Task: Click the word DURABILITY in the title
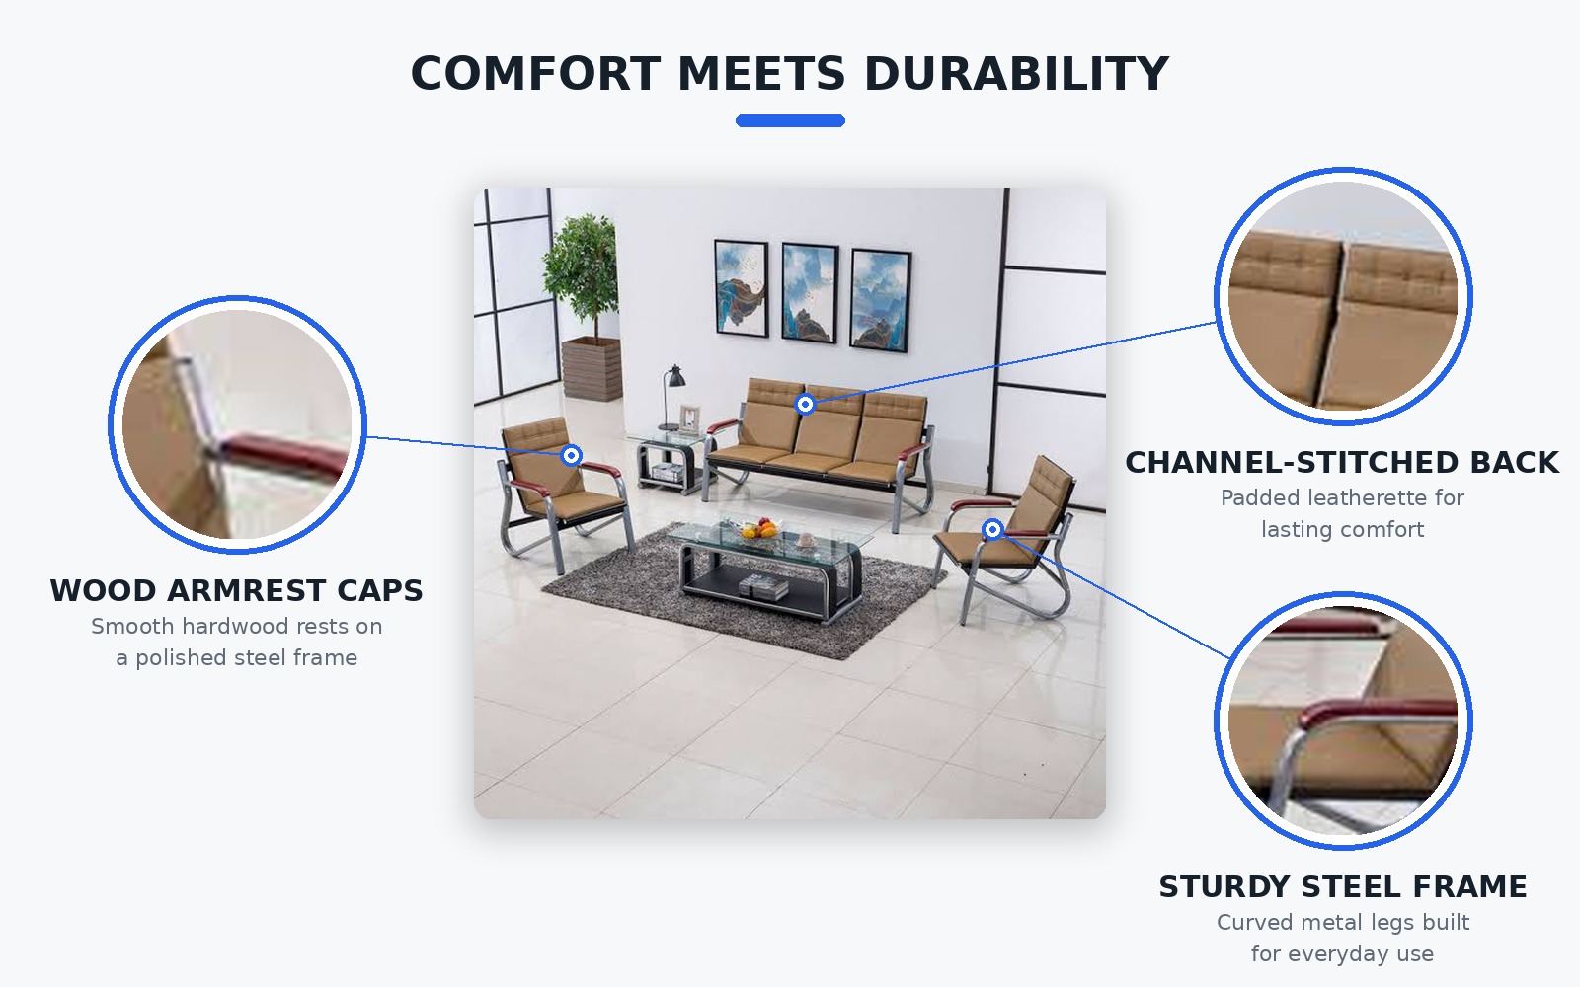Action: (1016, 74)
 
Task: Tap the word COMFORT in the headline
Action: (535, 74)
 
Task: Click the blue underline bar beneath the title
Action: (790, 121)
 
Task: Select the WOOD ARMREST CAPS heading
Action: (236, 591)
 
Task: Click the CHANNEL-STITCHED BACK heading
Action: (1342, 463)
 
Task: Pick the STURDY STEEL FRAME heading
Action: (1343, 887)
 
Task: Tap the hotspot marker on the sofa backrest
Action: (805, 404)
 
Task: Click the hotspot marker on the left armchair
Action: (572, 455)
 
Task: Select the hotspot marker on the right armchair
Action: (993, 529)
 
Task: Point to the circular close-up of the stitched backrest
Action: (1343, 296)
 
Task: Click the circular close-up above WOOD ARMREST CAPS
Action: (237, 424)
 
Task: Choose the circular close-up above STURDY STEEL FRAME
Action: (1343, 721)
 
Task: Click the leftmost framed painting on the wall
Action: (742, 288)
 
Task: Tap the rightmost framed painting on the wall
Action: (880, 300)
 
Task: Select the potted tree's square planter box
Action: (592, 369)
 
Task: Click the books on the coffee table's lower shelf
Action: (763, 586)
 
